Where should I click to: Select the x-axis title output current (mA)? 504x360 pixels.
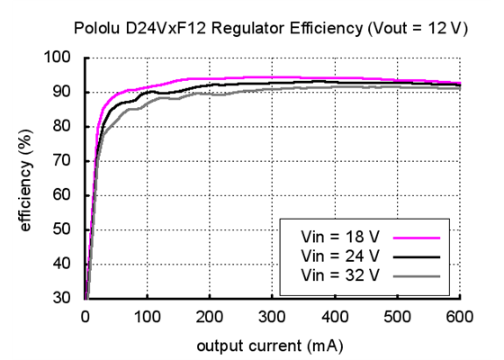pyautogui.click(x=273, y=343)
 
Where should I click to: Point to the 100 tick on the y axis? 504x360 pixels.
pyautogui.click(x=59, y=58)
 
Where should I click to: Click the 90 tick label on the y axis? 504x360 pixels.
pyautogui.click(x=63, y=92)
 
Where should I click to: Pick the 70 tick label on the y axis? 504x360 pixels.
pyautogui.click(x=63, y=161)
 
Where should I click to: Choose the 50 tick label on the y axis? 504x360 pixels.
pyautogui.click(x=63, y=229)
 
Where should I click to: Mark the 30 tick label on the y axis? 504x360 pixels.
pyautogui.click(x=63, y=298)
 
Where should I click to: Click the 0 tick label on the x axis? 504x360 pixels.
pyautogui.click(x=85, y=316)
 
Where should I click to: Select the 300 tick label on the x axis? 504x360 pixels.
pyautogui.click(x=273, y=316)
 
